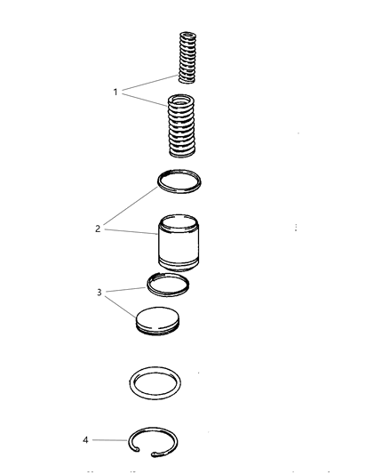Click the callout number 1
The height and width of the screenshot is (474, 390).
pyautogui.click(x=115, y=92)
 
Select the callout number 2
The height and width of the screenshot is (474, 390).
pyautogui.click(x=98, y=229)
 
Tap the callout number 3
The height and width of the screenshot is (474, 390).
pyautogui.click(x=99, y=293)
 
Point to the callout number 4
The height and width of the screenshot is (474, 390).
pyautogui.click(x=85, y=440)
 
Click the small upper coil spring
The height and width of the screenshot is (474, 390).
pyautogui.click(x=187, y=57)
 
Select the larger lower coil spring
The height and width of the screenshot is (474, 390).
pyautogui.click(x=181, y=125)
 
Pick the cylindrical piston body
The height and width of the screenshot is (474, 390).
pyautogui.click(x=179, y=243)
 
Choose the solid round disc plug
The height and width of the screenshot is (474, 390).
pyautogui.click(x=157, y=321)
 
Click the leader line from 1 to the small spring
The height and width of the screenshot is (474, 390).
pyautogui.click(x=150, y=83)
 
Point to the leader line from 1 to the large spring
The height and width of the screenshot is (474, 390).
pyautogui.click(x=145, y=100)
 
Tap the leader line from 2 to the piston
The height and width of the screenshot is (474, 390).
pyautogui.click(x=131, y=231)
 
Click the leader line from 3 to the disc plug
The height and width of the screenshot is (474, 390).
pyautogui.click(x=120, y=307)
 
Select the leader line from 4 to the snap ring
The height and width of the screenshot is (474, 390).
pyautogui.click(x=109, y=440)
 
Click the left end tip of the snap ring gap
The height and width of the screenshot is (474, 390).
pyautogui.click(x=138, y=449)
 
